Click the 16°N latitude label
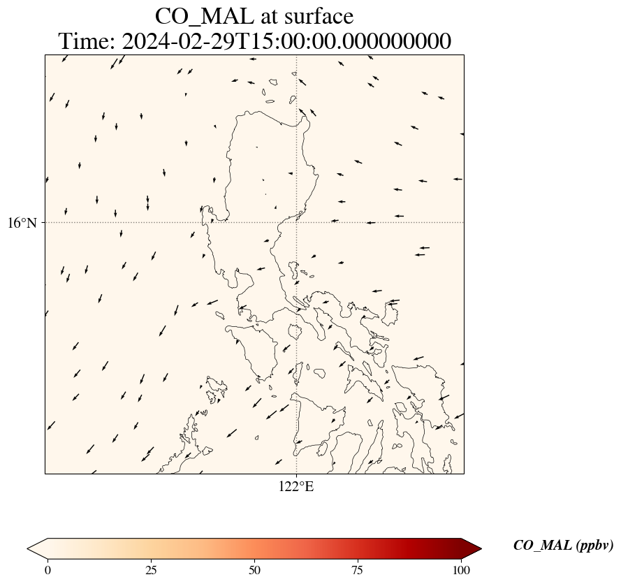point(22,223)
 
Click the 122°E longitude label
point(297,487)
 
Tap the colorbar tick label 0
point(48,570)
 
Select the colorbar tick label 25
point(151,570)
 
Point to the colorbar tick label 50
point(254,570)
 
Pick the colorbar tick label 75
point(358,570)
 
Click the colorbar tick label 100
point(461,570)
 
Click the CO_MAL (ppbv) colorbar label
point(563,546)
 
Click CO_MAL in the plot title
point(204,17)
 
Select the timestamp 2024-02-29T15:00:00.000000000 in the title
point(286,41)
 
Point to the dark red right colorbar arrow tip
point(481,549)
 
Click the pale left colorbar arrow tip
point(27,549)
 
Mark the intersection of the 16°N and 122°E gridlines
point(297,223)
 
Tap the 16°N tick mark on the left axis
point(43,223)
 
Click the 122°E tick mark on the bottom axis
point(297,475)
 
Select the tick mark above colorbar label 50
point(254,561)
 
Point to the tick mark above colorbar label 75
point(358,561)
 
